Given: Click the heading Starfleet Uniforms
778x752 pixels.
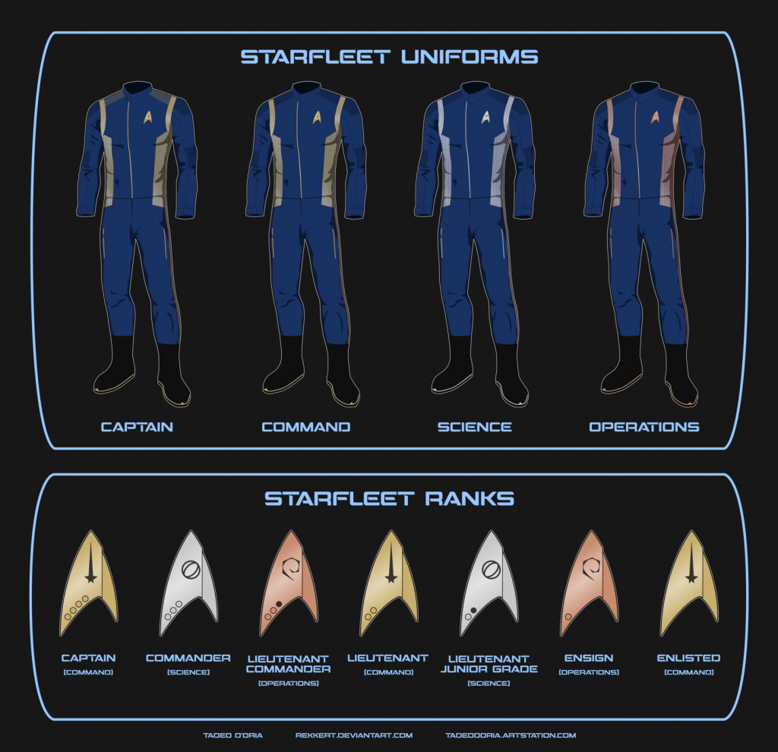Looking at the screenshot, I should [x=389, y=57].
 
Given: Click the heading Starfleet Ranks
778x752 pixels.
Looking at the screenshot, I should [x=389, y=499].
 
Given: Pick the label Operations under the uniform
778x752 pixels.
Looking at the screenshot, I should [x=644, y=427].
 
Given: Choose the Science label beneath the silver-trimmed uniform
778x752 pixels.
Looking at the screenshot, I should [x=474, y=427].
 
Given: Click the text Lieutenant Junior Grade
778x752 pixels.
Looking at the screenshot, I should [x=489, y=664].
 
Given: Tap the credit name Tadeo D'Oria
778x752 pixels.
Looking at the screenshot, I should [x=232, y=735].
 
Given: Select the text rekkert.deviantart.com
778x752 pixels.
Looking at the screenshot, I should [x=354, y=735].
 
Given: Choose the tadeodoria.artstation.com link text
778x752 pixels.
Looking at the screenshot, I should [x=511, y=735].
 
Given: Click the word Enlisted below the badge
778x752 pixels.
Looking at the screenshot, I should [x=688, y=658].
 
